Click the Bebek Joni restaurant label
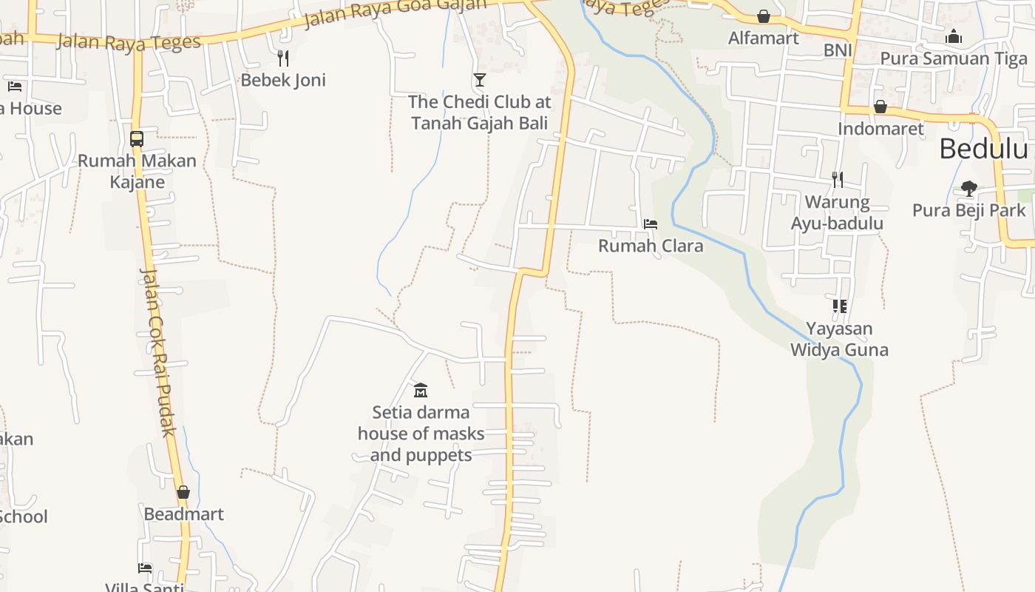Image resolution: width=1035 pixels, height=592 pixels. [283, 80]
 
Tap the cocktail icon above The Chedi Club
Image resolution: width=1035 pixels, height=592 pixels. [480, 79]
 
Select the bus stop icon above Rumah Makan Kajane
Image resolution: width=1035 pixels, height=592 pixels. [137, 138]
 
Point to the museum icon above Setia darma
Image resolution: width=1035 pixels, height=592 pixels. [421, 390]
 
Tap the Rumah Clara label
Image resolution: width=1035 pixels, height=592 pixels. [651, 246]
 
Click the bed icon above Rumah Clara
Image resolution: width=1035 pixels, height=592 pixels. [651, 223]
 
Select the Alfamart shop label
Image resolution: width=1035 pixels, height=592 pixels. [764, 38]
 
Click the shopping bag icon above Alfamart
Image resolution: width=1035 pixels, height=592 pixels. [764, 16]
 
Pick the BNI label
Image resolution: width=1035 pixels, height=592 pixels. [838, 50]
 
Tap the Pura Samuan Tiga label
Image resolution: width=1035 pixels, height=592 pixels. [954, 58]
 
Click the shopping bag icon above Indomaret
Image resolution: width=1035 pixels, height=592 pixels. [880, 107]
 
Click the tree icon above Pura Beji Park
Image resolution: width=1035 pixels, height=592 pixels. [968, 189]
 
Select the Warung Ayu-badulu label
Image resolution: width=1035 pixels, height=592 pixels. [838, 212]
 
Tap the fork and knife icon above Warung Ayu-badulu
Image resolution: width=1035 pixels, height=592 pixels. [838, 179]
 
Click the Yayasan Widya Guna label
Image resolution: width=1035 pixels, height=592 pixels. [839, 339]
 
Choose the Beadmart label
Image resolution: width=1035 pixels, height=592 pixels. [183, 514]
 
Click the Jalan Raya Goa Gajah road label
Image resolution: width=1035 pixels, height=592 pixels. [396, 13]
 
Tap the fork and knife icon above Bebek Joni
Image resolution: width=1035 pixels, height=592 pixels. [282, 58]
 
